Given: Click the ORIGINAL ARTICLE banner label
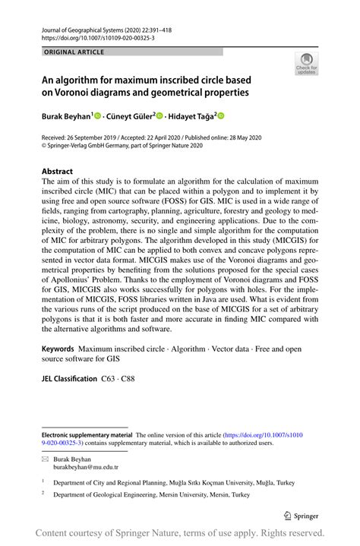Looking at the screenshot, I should (x=75, y=52).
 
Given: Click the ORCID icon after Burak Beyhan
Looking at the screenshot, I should (x=96, y=116).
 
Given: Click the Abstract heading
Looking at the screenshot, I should (x=57, y=172).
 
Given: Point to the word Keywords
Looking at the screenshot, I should (x=58, y=349).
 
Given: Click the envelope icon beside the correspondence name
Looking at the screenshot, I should (x=45, y=459).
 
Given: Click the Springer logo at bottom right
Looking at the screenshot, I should (x=301, y=513).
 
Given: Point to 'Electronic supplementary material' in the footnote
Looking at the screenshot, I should (x=85, y=433).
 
